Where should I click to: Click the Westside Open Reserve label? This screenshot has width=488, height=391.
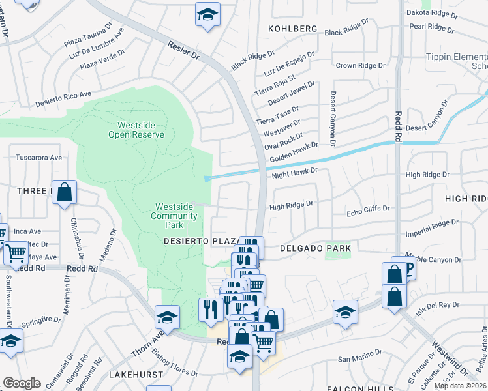click(136, 130)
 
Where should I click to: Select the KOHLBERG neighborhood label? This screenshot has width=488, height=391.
click(293, 29)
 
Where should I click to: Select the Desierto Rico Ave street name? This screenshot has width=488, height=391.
click(64, 96)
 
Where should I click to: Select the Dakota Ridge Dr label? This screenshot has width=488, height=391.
click(448, 12)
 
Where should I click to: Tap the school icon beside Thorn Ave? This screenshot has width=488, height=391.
click(167, 318)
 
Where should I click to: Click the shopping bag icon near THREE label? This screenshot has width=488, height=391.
click(64, 192)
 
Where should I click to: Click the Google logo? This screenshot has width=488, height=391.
click(22, 383)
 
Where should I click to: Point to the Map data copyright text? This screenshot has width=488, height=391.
click(460, 386)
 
